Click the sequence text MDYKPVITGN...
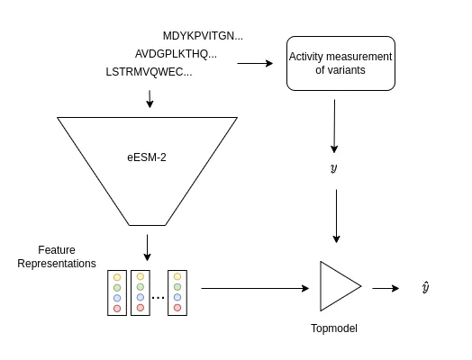point(203,36)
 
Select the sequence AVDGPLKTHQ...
point(176,54)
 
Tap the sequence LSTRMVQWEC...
point(149,72)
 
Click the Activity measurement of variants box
point(340,63)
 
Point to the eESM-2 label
point(147,157)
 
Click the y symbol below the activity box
point(334,168)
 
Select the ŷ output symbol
point(425,287)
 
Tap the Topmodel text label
point(333,328)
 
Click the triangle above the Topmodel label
point(338,287)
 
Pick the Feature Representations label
point(56,256)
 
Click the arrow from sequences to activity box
point(255,63)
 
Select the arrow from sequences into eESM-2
point(150,98)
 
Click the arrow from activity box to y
point(334,126)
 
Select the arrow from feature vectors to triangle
point(254,288)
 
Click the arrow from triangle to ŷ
point(386,288)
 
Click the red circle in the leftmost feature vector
point(117,308)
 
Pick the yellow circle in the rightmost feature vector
point(177,277)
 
